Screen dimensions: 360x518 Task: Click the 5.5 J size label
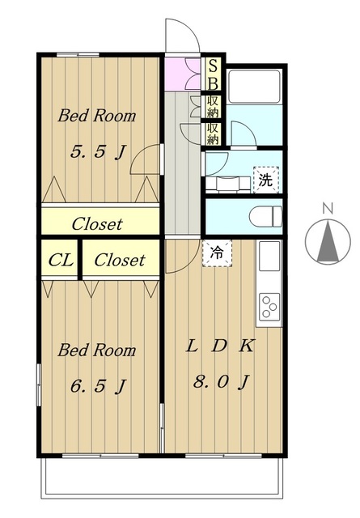click(98, 152)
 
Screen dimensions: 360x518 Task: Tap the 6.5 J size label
click(98, 386)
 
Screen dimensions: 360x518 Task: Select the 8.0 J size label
click(221, 382)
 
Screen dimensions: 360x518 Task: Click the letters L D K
click(220, 346)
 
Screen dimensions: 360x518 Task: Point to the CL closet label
click(61, 261)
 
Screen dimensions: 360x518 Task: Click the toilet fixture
click(265, 217)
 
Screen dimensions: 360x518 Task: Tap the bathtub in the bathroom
click(254, 87)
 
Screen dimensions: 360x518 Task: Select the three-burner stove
click(269, 307)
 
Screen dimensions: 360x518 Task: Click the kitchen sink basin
click(269, 256)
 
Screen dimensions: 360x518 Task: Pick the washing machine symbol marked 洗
click(266, 180)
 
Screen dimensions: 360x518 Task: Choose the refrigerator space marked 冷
click(218, 253)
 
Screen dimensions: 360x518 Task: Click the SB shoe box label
click(214, 74)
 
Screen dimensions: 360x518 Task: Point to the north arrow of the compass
click(328, 242)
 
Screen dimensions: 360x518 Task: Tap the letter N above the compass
click(328, 209)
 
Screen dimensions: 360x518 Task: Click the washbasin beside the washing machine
click(228, 184)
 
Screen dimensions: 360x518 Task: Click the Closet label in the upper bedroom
click(97, 224)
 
